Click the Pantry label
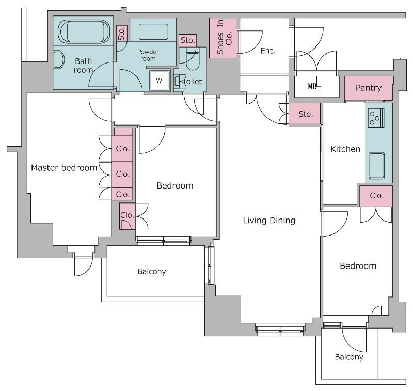pos(368,88)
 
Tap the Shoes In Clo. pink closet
pos(224,38)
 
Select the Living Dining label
pos(269,220)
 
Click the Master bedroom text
pos(64,167)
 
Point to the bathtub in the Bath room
pos(84,31)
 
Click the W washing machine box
pos(159,80)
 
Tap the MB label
pos(312,86)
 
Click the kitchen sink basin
pos(376,165)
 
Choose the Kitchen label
pos(345,149)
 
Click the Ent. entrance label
pos(267,51)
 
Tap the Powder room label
pos(148,55)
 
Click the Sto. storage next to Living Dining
pos(305,114)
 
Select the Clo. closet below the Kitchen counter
pos(376,196)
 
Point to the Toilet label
pos(193,82)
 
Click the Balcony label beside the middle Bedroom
pos(152,271)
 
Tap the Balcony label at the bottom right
pos(349,357)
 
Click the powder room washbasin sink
pos(153,32)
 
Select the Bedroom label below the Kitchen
pos(358,266)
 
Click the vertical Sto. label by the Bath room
pos(121,34)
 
